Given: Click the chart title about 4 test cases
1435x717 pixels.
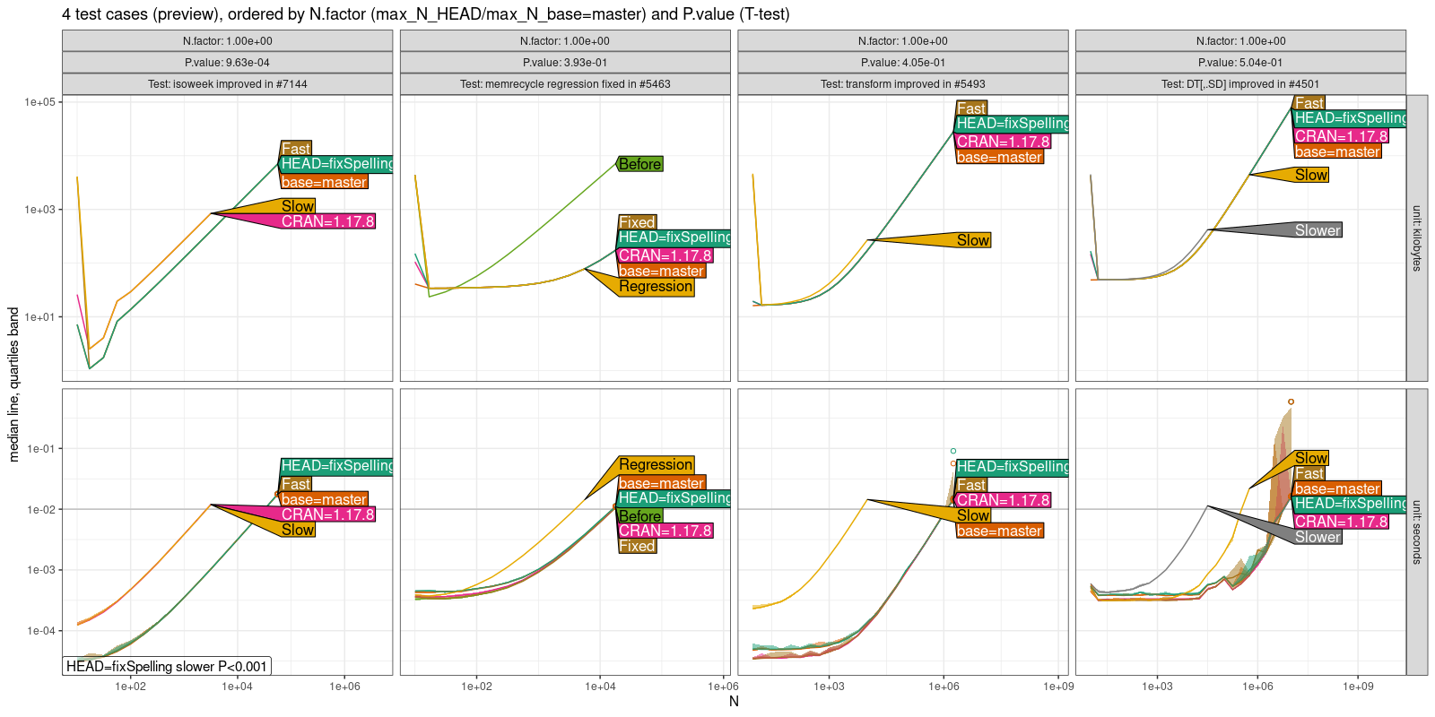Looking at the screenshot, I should coord(426,14).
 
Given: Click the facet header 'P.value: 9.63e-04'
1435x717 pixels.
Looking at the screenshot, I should coord(227,63).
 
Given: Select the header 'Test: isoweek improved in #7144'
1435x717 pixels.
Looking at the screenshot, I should coord(227,84).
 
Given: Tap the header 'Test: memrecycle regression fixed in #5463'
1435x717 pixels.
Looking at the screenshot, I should coord(565,84).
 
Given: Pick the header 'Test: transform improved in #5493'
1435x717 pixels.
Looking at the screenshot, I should coord(902,84).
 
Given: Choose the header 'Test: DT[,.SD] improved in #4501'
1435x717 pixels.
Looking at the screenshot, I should coord(1240,84).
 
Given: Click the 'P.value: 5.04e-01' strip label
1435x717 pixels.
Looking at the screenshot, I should coord(1240,63).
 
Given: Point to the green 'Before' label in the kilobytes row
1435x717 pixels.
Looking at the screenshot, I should coord(640,164).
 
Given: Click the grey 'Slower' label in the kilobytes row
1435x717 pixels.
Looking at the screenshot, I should coord(1318,230).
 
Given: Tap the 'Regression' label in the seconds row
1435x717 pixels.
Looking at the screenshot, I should coord(656,464).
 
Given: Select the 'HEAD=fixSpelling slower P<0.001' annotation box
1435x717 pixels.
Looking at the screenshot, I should coord(167,666).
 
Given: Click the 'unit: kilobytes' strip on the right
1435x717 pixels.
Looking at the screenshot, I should coord(1417,238).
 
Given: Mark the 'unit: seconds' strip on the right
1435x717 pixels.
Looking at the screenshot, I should coord(1417,531).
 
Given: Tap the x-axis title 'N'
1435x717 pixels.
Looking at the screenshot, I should coord(734,702).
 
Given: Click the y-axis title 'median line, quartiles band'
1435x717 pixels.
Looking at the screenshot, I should coord(13,384).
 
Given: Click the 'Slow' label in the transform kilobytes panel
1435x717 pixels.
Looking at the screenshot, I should coord(973,240).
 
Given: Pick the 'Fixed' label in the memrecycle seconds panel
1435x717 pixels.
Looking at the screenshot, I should coord(637,546).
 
